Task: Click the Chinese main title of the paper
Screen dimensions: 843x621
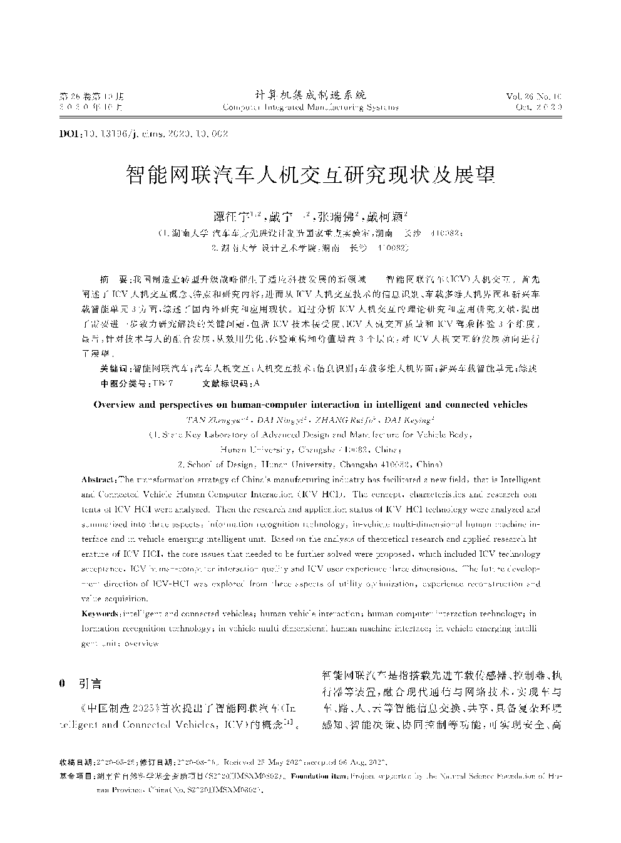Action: pyautogui.click(x=310, y=175)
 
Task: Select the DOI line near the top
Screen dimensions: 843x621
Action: pyautogui.click(x=143, y=134)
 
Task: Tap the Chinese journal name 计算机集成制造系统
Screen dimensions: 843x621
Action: pyautogui.click(x=310, y=95)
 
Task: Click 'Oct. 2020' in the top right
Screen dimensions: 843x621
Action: pyautogui.click(x=539, y=107)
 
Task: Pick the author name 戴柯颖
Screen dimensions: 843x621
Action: pyautogui.click(x=386, y=218)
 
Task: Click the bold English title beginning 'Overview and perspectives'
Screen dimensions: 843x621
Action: pyautogui.click(x=310, y=405)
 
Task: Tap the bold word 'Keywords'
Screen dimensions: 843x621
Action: pyautogui.click(x=100, y=614)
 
